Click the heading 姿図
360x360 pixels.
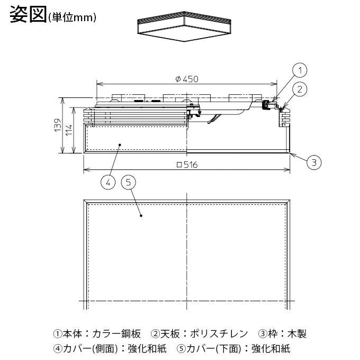point(28,14)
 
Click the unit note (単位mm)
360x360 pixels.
point(72,17)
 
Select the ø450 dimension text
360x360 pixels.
point(186,79)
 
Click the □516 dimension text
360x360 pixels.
point(186,165)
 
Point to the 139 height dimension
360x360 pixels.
point(58,126)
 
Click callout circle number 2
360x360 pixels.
point(300,89)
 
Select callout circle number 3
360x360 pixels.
point(314,163)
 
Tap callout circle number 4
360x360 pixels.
point(108,182)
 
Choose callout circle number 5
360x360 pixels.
point(129,182)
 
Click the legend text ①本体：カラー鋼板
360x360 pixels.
point(97,334)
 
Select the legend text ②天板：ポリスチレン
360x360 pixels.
point(199,334)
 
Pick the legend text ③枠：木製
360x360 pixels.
point(282,334)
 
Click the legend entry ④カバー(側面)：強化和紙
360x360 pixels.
point(110,349)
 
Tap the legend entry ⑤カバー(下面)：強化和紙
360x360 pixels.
point(233,349)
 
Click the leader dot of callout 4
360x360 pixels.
point(121,144)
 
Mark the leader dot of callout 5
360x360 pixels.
point(141,215)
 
